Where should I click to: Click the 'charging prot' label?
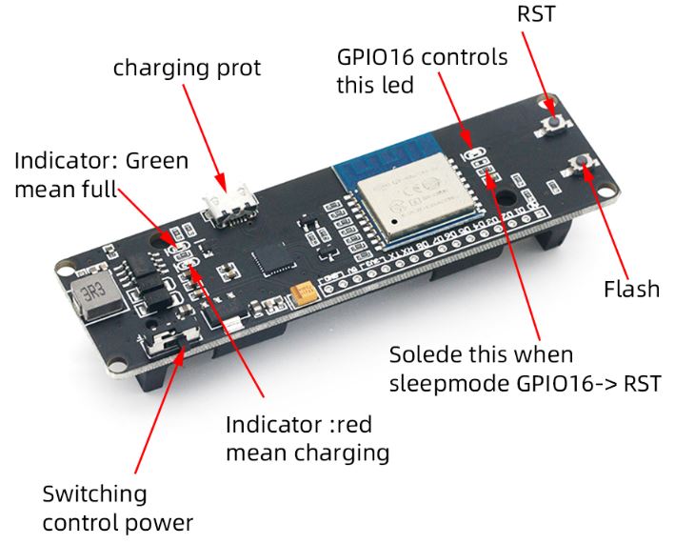click(x=187, y=69)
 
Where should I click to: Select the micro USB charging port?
click(x=227, y=206)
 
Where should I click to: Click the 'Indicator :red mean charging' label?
click(x=308, y=438)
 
